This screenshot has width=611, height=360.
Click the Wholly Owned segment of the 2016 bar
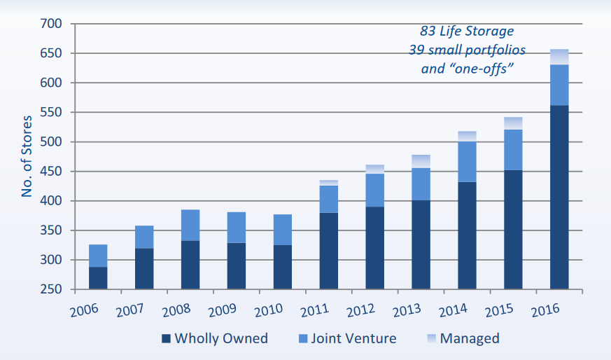click(559, 197)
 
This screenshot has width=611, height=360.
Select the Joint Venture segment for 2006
click(97, 256)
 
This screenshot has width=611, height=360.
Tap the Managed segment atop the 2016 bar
click(559, 57)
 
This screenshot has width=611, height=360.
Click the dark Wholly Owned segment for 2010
click(282, 267)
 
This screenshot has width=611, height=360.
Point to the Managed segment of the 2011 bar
click(328, 183)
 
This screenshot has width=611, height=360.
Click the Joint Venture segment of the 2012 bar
click(374, 190)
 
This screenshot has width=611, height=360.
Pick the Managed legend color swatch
click(429, 339)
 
